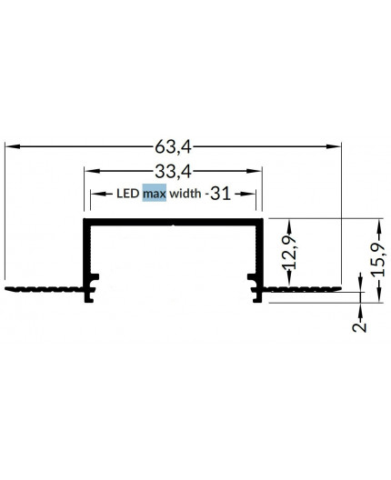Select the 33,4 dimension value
click(173, 169)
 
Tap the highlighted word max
click(154, 193)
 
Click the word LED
click(128, 193)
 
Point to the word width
click(186, 193)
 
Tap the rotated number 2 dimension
click(360, 325)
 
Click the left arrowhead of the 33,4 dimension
click(89, 169)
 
